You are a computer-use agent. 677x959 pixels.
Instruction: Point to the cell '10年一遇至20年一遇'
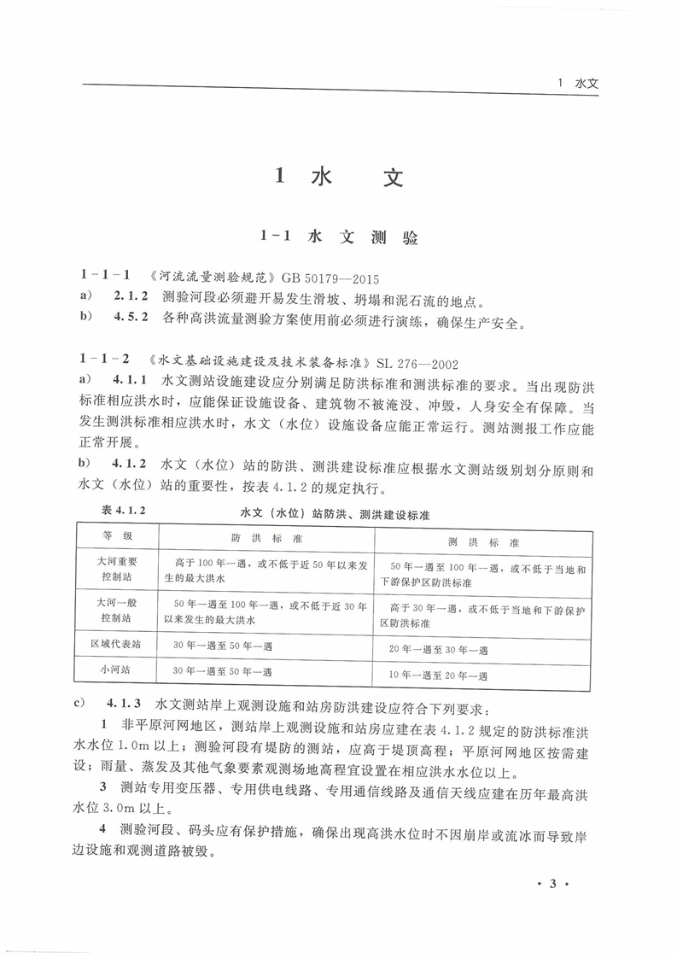(438, 675)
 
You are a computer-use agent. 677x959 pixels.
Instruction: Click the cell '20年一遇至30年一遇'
(438, 650)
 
